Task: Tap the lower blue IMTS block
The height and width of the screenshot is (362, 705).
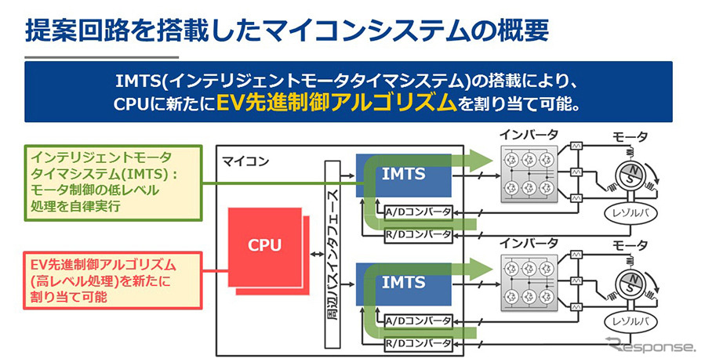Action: pyautogui.click(x=403, y=282)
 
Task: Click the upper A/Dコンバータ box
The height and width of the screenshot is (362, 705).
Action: pyautogui.click(x=418, y=212)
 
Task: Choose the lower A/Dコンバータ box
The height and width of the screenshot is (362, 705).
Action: pyautogui.click(x=418, y=320)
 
